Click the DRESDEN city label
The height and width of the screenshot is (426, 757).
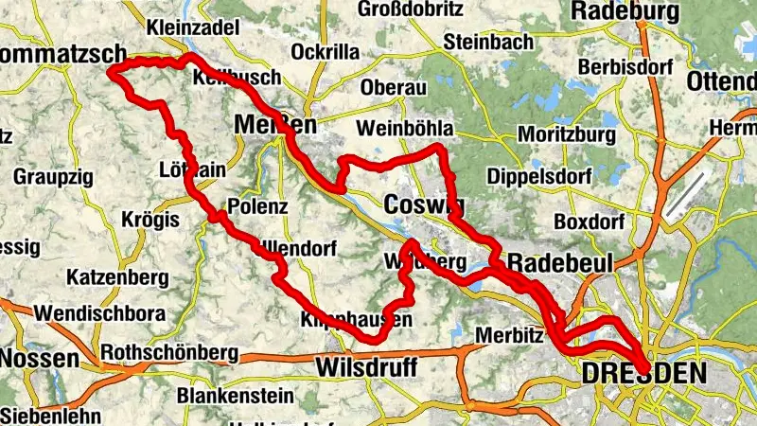click(x=643, y=375)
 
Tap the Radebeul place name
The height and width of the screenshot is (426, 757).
click(x=560, y=261)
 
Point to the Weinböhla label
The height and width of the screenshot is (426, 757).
click(x=406, y=128)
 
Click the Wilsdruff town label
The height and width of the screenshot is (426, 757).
click(x=364, y=365)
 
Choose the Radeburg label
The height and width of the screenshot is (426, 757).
click(x=625, y=11)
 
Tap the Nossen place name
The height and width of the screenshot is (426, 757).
click(x=40, y=359)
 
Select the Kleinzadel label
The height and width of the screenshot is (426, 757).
click(x=193, y=27)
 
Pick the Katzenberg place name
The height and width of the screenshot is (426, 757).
click(x=117, y=277)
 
